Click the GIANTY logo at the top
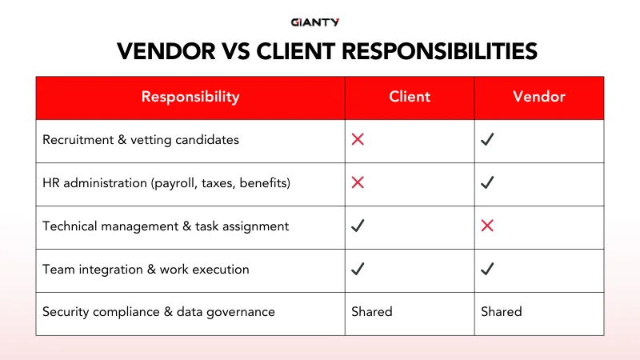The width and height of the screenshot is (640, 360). pos(320,22)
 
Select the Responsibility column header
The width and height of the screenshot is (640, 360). pos(190,97)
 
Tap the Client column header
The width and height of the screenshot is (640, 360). pos(410,97)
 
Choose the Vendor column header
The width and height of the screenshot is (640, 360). pos(539,97)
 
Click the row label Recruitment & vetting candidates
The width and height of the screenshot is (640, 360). pos(141,140)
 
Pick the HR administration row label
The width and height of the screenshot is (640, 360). pos(166,183)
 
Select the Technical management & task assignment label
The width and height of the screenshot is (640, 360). pos(166,226)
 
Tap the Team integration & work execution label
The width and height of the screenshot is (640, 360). pos(146,270)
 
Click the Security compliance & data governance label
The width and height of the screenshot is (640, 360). pos(158,312)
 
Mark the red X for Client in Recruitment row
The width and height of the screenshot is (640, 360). pos(358,140)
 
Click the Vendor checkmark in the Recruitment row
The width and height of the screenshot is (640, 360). pos(487,140)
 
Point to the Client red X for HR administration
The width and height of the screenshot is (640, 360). pos(358,183)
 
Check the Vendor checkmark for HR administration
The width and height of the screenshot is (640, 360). pos(487,183)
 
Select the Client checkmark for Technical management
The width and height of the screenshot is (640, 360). pos(358,226)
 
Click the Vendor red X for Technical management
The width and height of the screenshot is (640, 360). pos(487,226)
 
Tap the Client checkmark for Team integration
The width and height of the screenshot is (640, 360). pos(358,270)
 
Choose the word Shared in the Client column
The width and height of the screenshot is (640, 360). pos(372,312)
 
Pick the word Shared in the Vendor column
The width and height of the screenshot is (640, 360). pos(502,312)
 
